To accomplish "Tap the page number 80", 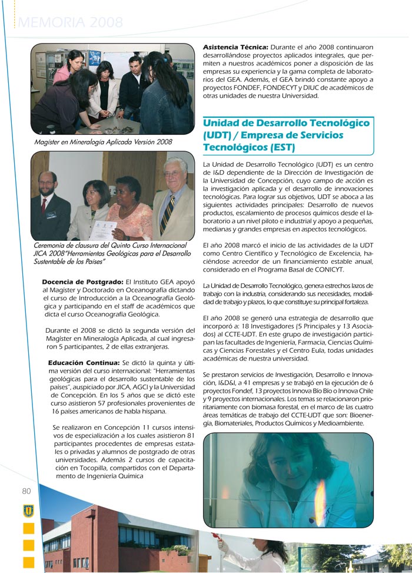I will point(26,491).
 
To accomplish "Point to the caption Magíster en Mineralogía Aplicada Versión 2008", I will point(103,142).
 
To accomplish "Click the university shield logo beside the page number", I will point(28,510).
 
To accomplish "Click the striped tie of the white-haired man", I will point(168,211).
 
